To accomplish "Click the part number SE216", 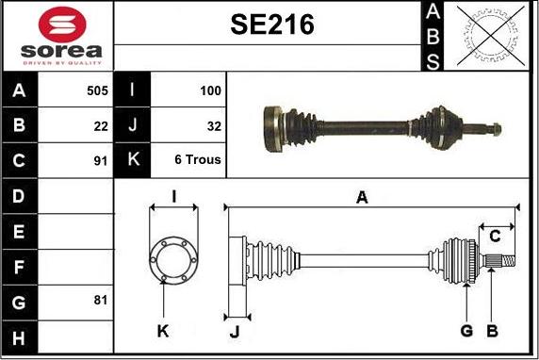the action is (x=272, y=25).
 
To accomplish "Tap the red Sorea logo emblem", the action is (x=62, y=25).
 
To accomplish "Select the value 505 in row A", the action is (x=98, y=90).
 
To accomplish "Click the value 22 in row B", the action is (x=101, y=126).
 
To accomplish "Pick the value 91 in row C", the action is (x=101, y=160).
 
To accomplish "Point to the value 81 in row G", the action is (x=101, y=300).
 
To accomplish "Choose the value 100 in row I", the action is (x=210, y=90).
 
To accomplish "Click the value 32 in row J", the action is (x=214, y=126).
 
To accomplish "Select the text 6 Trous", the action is (x=198, y=159).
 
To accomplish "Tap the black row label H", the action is (x=19, y=337).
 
